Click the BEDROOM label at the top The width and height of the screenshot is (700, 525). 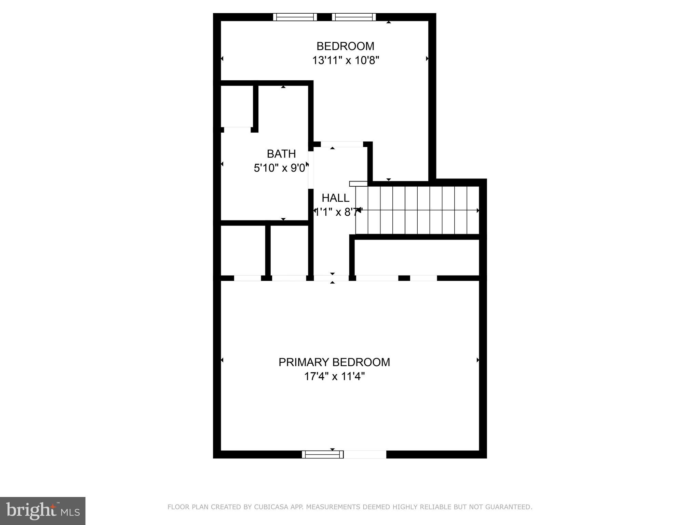coord(345,46)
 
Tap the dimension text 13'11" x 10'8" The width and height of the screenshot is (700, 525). coord(346,60)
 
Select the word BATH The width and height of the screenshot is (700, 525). coord(281,154)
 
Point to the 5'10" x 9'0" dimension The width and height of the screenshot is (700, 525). coord(281,168)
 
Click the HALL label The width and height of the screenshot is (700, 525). coord(335,198)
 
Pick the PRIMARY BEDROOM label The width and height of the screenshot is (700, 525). coord(334,362)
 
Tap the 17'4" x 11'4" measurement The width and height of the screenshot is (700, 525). coord(334,377)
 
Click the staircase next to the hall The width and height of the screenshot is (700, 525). coord(417,210)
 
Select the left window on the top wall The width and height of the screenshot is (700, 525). coord(295,17)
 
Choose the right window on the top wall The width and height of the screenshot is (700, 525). coord(354,17)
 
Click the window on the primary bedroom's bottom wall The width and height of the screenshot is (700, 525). coord(323,454)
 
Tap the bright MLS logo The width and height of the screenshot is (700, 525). coord(43,511)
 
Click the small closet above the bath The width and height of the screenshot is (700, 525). coord(237,106)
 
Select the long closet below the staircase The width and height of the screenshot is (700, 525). coord(417,257)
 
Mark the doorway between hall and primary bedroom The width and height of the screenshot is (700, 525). coord(332,278)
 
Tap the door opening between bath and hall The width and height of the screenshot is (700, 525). coord(311,170)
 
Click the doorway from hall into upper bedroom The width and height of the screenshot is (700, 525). coord(342,144)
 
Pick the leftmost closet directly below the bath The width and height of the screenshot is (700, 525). coord(243,250)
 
